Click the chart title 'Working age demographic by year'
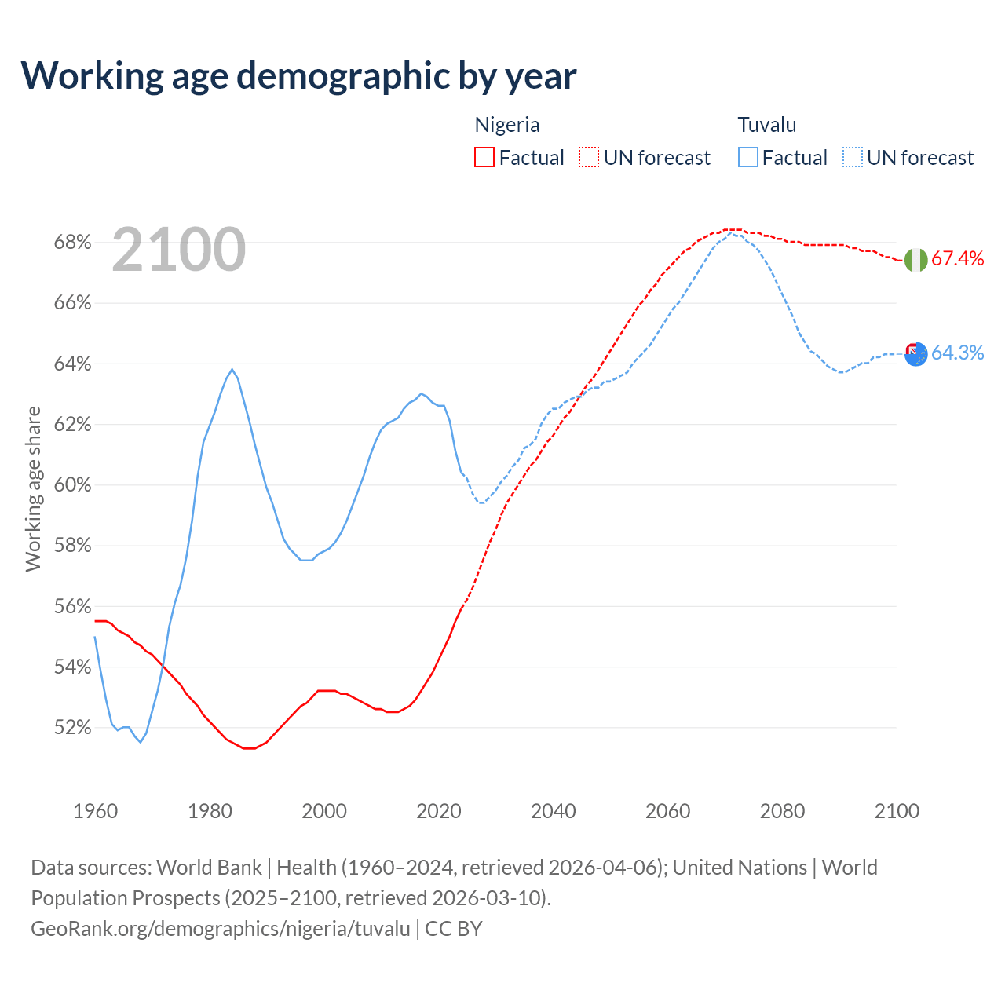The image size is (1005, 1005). click(x=298, y=75)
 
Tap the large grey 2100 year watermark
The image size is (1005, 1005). click(x=179, y=250)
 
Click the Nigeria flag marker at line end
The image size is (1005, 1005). click(x=915, y=260)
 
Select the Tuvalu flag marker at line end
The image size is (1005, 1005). click(x=915, y=354)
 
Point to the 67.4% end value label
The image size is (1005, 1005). click(x=957, y=259)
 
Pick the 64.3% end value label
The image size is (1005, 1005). click(x=957, y=353)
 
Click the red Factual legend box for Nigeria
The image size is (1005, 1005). click(x=484, y=158)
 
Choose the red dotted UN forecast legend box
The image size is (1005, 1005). click(x=589, y=158)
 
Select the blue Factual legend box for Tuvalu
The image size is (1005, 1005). click(x=748, y=158)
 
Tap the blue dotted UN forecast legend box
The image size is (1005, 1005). click(x=853, y=158)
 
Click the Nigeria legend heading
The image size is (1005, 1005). click(x=507, y=125)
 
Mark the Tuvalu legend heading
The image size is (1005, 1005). click(x=767, y=125)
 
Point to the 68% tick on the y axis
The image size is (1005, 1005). click(x=73, y=243)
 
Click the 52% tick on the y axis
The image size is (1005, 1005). click(x=73, y=728)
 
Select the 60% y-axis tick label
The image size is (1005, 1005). click(x=73, y=485)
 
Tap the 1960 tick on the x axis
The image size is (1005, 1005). click(x=95, y=811)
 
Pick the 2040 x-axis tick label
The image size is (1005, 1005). click(x=554, y=811)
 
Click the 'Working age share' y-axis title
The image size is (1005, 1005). click(x=33, y=488)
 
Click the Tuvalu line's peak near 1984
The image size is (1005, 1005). click(x=232, y=369)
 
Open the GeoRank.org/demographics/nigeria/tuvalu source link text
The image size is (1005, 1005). click(x=221, y=929)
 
